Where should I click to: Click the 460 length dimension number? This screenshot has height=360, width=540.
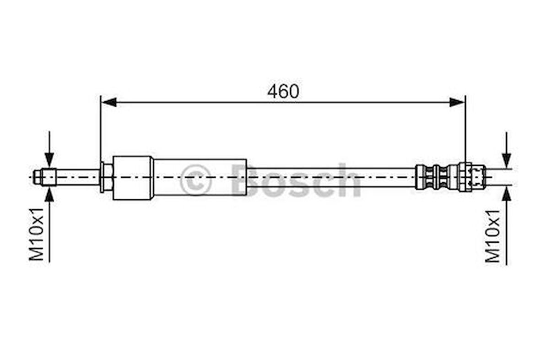(x=283, y=92)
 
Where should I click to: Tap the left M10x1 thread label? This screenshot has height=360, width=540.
(x=37, y=234)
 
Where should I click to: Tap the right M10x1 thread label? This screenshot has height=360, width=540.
(x=493, y=236)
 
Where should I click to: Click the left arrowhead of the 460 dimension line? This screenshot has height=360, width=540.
(x=109, y=102)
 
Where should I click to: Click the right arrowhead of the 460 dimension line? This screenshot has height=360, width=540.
(x=457, y=102)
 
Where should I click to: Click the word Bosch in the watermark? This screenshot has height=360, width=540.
(x=296, y=180)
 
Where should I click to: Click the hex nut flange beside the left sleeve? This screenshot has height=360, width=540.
(x=106, y=177)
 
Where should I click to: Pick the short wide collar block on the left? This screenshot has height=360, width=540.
(x=133, y=178)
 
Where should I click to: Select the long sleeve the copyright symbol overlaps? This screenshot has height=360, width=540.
(x=200, y=177)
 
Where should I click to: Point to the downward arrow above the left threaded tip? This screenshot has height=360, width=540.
(x=49, y=158)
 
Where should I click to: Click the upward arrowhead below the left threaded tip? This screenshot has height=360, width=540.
(x=49, y=194)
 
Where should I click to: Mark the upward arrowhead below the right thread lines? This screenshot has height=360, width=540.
(x=506, y=194)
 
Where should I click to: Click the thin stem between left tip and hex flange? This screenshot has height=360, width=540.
(x=78, y=177)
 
